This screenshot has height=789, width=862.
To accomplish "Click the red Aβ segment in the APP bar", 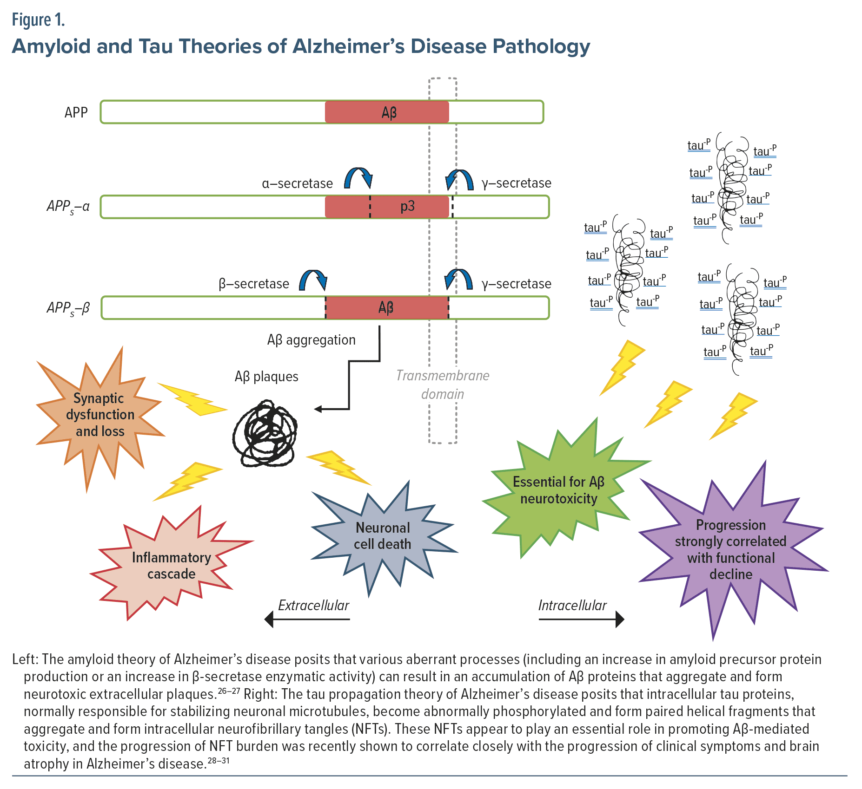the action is [387, 112].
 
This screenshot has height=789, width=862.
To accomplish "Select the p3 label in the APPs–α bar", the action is [407, 206].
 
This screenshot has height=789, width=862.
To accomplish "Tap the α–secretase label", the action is [298, 183].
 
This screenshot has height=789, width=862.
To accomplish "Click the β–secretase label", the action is [254, 284].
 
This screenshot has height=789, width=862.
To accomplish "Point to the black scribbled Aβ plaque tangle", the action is [265, 433].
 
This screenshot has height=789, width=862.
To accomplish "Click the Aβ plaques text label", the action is [266, 377].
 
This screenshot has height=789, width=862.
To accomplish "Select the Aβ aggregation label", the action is [311, 340].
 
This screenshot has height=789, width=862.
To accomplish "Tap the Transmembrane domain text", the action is [443, 385].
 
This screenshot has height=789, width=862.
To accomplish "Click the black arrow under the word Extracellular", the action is [307, 619].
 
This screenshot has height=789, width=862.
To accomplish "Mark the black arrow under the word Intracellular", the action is [581, 619].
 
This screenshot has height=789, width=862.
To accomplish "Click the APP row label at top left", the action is [76, 112].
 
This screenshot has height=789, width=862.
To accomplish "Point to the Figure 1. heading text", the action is [38, 20].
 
